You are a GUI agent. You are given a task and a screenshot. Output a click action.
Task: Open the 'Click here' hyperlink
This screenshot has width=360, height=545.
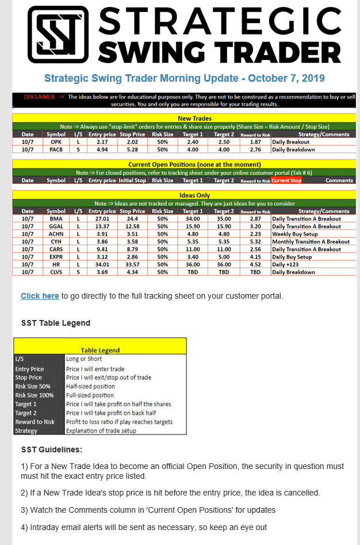40,296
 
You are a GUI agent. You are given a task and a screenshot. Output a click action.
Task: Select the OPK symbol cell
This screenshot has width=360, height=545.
56,142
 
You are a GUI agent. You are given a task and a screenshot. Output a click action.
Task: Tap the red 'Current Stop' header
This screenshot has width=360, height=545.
286,180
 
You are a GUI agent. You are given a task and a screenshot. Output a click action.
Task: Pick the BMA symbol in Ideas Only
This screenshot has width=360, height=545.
56,219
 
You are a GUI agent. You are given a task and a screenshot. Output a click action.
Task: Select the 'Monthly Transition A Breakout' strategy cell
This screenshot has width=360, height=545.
311,242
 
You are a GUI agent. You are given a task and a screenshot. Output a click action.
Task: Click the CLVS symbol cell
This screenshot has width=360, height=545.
56,272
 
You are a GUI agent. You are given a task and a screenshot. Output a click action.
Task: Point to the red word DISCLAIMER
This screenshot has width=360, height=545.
39,97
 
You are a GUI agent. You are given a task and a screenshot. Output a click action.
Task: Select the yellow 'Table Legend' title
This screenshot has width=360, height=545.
100,350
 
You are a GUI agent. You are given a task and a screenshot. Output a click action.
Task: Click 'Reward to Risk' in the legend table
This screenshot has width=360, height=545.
35,422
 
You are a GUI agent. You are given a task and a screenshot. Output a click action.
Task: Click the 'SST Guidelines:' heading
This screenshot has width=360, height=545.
51,449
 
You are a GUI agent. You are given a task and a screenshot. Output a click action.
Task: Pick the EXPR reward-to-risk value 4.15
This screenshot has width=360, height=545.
255,257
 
